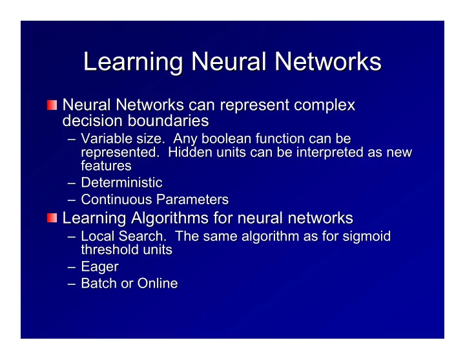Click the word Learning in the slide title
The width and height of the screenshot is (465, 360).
(x=133, y=62)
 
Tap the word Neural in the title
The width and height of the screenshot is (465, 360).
(x=229, y=61)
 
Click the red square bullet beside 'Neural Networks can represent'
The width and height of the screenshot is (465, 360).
(x=52, y=105)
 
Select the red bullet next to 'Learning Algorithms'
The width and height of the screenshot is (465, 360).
(x=52, y=218)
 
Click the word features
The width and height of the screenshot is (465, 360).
(x=106, y=165)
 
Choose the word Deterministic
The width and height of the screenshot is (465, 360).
(x=121, y=182)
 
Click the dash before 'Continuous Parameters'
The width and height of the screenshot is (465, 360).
(x=72, y=200)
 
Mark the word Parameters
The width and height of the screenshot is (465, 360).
(x=192, y=200)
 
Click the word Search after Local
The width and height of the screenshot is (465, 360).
(x=141, y=237)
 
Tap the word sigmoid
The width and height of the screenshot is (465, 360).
(x=367, y=237)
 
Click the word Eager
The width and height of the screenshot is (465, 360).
(x=99, y=267)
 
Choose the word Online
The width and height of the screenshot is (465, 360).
(x=158, y=283)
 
